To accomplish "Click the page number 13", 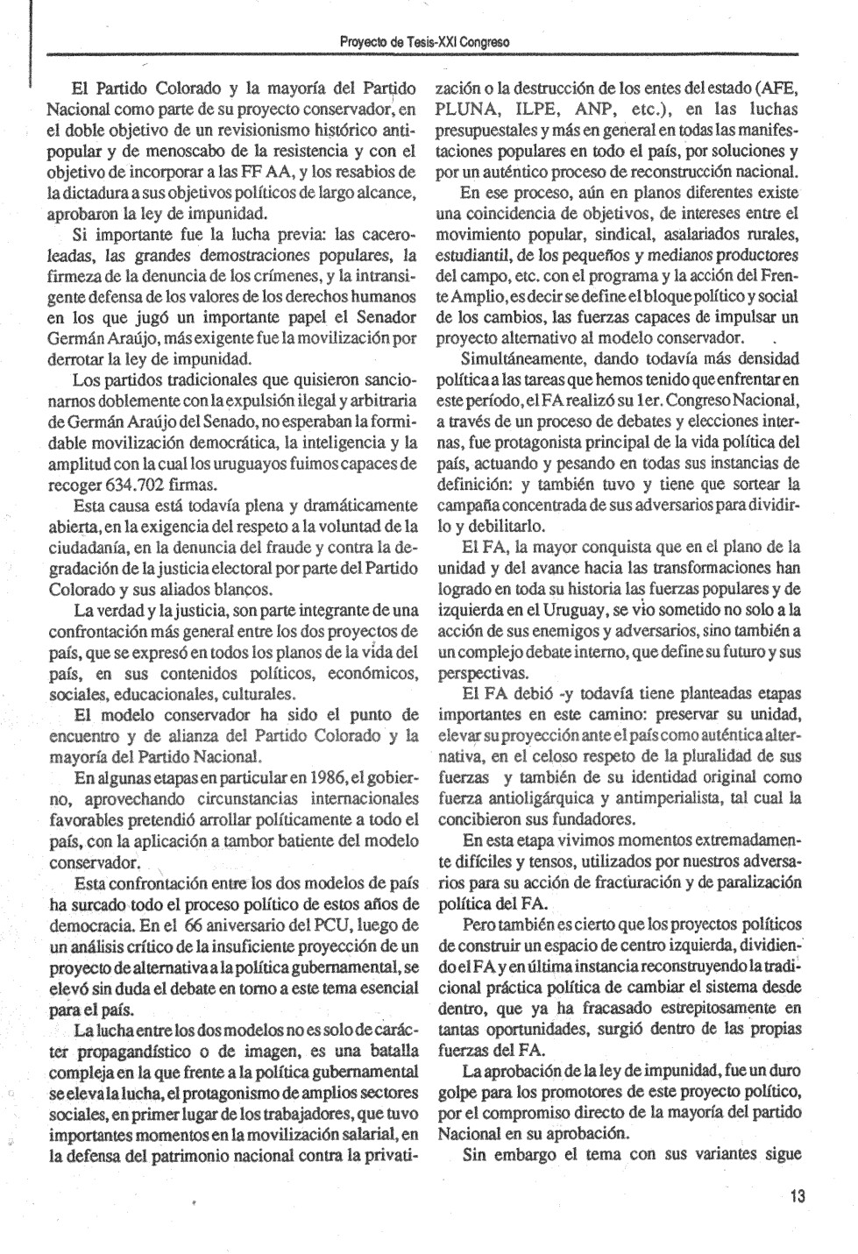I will [797, 1196].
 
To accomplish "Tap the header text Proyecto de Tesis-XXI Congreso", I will [427, 42].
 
